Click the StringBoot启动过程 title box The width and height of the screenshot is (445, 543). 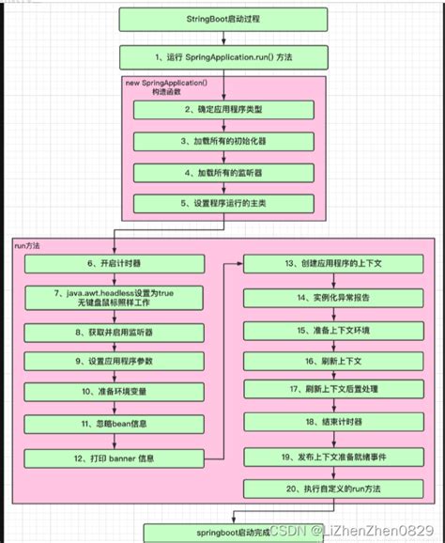pos(222,19)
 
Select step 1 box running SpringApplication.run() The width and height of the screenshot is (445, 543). pos(222,58)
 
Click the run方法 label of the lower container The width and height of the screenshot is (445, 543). pos(28,245)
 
